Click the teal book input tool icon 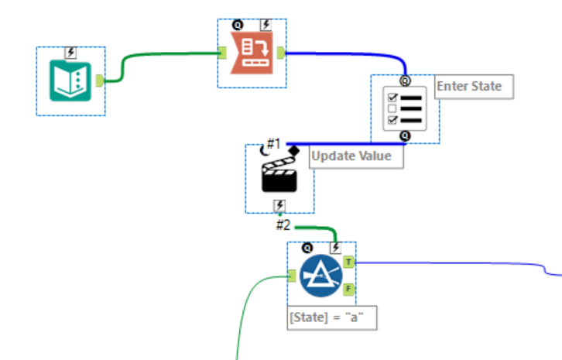[x=70, y=81]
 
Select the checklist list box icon [x=404, y=108]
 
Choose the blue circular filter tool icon [x=321, y=276]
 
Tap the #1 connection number [x=272, y=143]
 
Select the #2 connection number [x=284, y=225]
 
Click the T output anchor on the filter [x=349, y=262]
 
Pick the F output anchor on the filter [x=349, y=290]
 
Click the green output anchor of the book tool [x=100, y=80]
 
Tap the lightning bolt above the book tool [x=71, y=53]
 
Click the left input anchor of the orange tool [x=221, y=53]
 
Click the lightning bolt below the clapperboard [x=279, y=205]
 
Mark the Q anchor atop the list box [x=405, y=80]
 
